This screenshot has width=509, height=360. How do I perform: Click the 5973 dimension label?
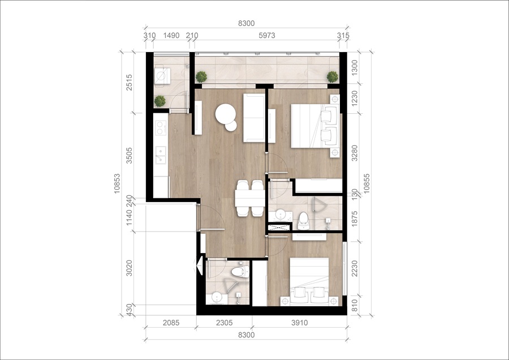(267, 36)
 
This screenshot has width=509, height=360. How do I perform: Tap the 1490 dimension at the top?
(171, 36)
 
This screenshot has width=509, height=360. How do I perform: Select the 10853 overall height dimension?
(117, 183)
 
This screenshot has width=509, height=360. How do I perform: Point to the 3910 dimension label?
(299, 323)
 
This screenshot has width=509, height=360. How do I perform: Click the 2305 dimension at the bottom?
(225, 323)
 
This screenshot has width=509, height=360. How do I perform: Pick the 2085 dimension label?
(171, 323)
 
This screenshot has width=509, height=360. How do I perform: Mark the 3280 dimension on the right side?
(355, 153)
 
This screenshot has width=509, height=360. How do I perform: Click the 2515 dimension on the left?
(129, 82)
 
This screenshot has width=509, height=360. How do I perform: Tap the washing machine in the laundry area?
(162, 76)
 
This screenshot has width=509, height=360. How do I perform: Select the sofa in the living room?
(254, 118)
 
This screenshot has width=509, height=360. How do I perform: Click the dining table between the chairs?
(250, 198)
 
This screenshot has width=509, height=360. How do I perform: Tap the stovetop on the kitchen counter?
(161, 128)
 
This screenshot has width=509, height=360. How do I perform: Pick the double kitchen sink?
(161, 155)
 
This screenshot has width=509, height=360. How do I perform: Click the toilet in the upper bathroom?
(303, 221)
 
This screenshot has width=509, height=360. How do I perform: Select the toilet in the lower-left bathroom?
(240, 272)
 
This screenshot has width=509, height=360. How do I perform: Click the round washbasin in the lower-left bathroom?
(217, 297)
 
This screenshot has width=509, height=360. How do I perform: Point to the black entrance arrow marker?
(200, 266)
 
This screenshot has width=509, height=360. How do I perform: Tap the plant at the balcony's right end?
(333, 77)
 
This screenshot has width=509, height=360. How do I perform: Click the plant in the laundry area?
(159, 101)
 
